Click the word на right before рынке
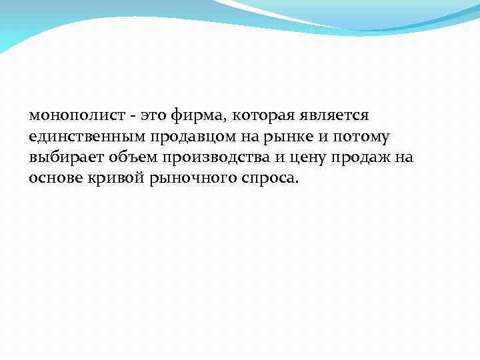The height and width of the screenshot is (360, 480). click(x=236, y=137)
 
